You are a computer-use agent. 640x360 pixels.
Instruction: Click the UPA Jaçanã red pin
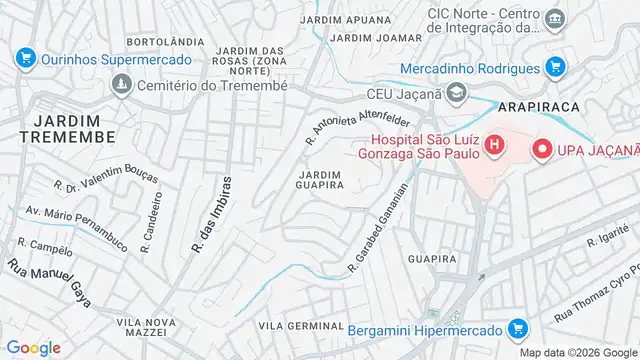(543, 150)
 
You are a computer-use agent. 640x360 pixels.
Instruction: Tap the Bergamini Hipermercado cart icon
(516, 328)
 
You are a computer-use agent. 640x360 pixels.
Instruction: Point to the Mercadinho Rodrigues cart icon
(556, 68)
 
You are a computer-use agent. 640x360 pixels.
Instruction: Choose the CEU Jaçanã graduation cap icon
(456, 94)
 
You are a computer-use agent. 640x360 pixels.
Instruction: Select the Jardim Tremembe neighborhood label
(56, 127)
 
